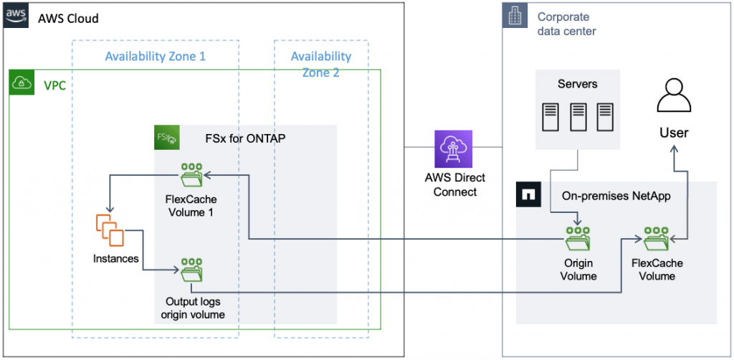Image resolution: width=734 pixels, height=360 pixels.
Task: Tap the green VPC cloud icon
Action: click(22, 84)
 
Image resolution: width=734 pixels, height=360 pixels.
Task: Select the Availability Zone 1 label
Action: click(155, 56)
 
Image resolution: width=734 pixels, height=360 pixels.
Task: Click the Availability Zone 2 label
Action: click(320, 64)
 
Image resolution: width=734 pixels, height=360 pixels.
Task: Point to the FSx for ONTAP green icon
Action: click(167, 138)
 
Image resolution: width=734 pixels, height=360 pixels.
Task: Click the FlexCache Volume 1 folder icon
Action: click(190, 174)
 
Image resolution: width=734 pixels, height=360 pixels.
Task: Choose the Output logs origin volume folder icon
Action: click(191, 270)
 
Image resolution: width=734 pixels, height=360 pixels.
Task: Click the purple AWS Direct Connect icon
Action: click(454, 148)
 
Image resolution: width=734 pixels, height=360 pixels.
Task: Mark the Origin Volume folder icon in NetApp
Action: click(578, 236)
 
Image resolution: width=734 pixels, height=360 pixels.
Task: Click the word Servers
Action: click(577, 84)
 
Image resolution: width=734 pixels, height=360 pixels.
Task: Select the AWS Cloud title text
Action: click(68, 18)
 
